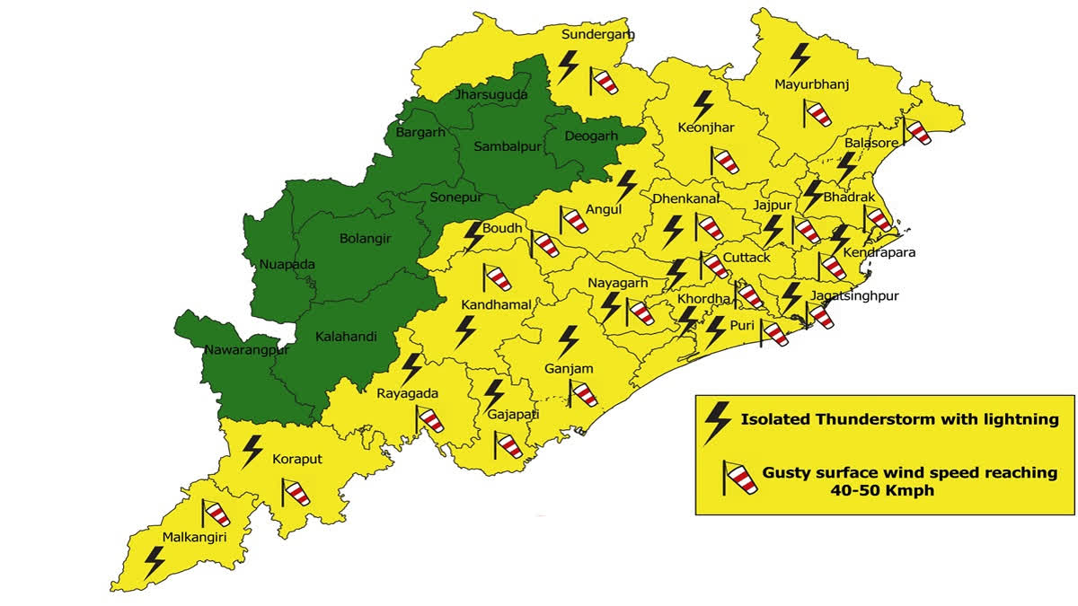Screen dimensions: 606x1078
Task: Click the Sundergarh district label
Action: coord(597,35)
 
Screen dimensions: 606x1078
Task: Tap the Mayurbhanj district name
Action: coord(811,85)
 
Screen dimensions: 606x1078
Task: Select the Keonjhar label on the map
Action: coord(705,127)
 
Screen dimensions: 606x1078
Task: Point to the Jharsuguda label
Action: coord(491,94)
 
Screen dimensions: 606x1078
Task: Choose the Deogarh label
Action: coord(592,136)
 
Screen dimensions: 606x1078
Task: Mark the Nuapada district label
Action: coord(287,265)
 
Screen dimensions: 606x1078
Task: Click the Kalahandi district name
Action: coord(345,338)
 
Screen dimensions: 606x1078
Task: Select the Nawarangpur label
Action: coord(246,350)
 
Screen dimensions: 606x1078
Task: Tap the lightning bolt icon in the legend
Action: coord(717,422)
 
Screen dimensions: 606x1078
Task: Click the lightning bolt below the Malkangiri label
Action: coord(155,563)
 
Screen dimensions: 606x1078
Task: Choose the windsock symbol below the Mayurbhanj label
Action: coord(816,114)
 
